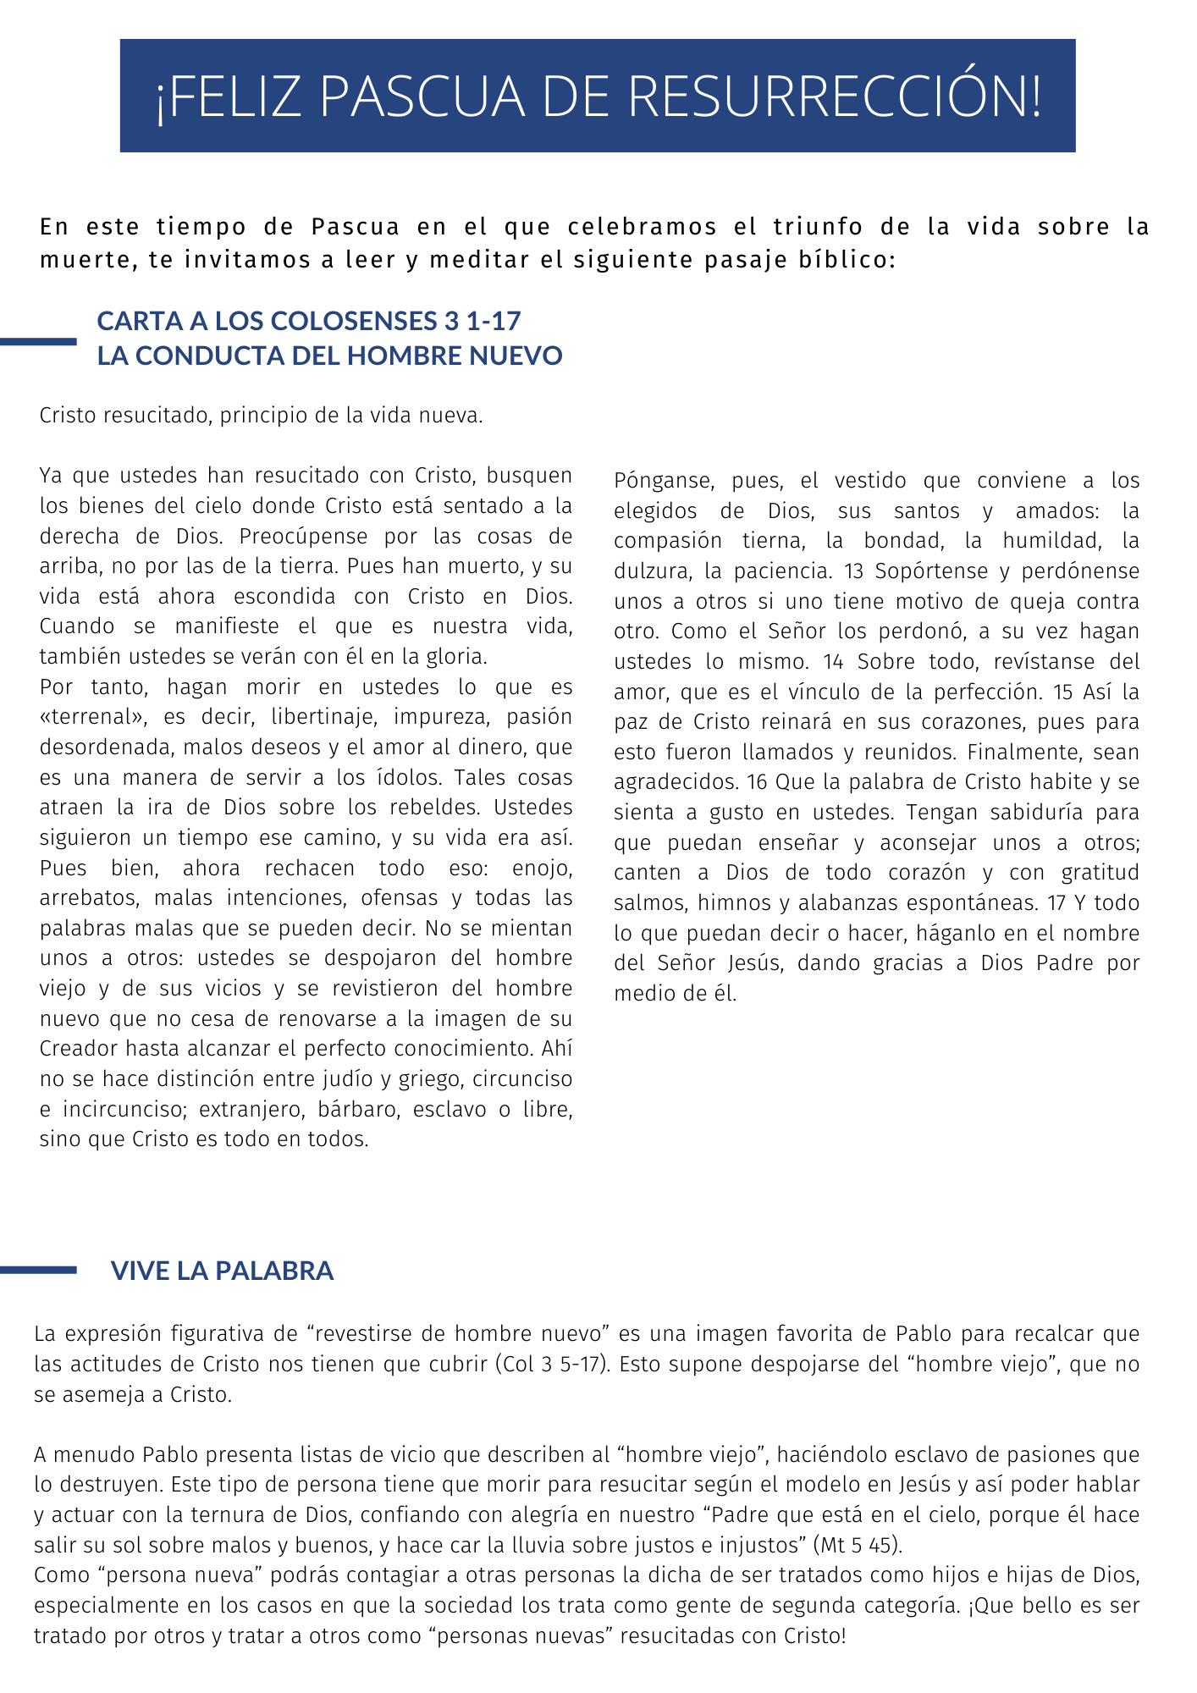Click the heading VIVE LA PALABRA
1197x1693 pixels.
coord(222,1271)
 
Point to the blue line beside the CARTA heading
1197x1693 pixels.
coord(38,341)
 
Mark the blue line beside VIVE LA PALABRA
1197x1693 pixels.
coord(38,1270)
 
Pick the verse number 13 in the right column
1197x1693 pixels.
coord(854,571)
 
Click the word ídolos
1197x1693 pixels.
coord(404,778)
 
